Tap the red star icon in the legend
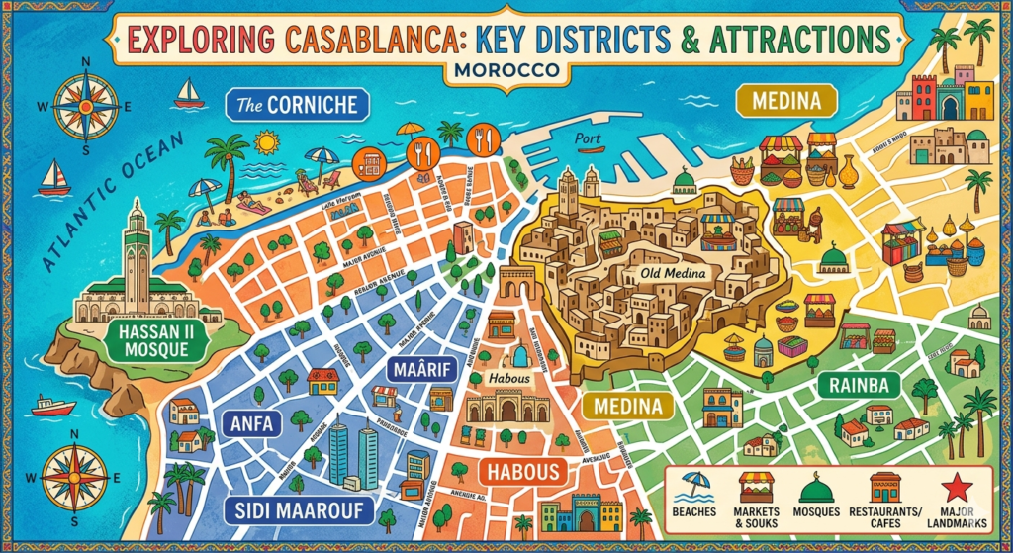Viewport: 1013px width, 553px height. pos(959,486)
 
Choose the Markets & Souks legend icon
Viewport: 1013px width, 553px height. pos(758,486)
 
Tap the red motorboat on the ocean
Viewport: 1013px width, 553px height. pos(53,406)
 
